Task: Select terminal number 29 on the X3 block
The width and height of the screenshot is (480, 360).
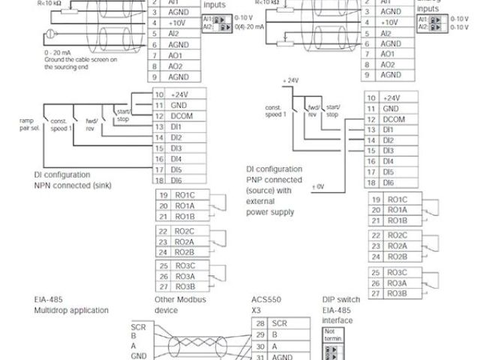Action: tap(259, 335)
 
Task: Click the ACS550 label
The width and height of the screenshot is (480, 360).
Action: tap(263, 298)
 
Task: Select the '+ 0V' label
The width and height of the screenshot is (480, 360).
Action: tap(318, 184)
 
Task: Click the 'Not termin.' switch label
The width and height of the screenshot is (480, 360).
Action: tap(332, 334)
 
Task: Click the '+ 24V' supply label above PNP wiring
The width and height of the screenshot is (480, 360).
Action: tap(290, 80)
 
